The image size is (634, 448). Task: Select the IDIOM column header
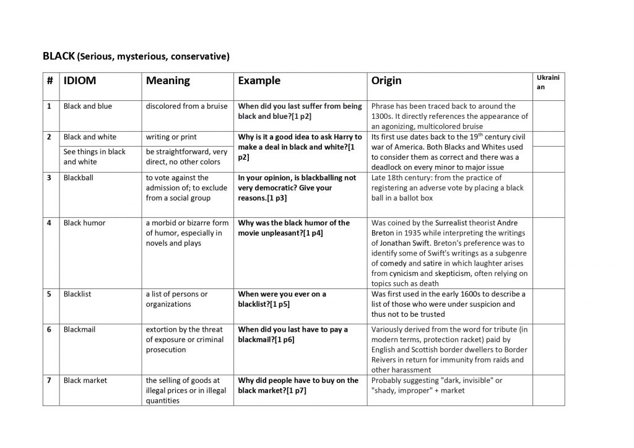pyautogui.click(x=80, y=80)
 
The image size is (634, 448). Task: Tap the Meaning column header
pyautogui.click(x=168, y=80)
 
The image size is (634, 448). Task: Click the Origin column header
pyautogui.click(x=386, y=80)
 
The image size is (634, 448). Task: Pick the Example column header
pyautogui.click(x=259, y=80)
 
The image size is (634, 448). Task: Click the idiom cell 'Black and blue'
pyautogui.click(x=88, y=106)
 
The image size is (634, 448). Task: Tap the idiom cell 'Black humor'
pyautogui.click(x=85, y=223)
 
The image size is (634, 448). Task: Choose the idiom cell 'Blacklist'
pyautogui.click(x=77, y=294)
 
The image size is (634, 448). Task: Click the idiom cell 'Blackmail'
pyautogui.click(x=79, y=330)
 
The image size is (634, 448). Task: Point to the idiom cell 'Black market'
pyautogui.click(x=86, y=381)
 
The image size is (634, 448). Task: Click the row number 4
pyautogui.click(x=49, y=223)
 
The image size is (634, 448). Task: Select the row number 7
pyautogui.click(x=49, y=381)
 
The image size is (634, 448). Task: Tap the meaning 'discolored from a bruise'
pyautogui.click(x=187, y=106)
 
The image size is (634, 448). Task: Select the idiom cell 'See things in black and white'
pyautogui.click(x=95, y=157)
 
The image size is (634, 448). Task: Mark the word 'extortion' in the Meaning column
pyautogui.click(x=163, y=330)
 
